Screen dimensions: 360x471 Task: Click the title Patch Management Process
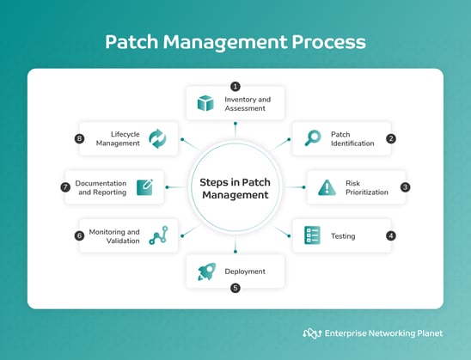(x=235, y=41)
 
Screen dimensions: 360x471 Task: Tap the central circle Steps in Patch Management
(x=235, y=188)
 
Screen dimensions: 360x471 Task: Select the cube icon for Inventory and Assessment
(x=205, y=104)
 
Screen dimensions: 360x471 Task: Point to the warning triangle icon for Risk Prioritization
(x=327, y=187)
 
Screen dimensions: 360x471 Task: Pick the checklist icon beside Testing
(x=313, y=235)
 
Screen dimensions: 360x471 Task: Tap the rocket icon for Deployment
(x=205, y=272)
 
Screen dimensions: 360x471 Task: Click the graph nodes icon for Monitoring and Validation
(x=158, y=235)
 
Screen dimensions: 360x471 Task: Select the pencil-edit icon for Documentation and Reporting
(x=144, y=187)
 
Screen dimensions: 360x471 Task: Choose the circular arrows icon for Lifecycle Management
(x=158, y=138)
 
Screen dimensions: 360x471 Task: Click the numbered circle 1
(x=235, y=85)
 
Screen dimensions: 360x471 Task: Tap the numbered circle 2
(x=391, y=137)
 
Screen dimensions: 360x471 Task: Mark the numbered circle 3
(x=406, y=186)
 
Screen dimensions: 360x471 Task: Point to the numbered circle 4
(x=391, y=235)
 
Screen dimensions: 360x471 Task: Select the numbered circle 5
(x=235, y=289)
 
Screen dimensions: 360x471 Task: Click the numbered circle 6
(x=79, y=235)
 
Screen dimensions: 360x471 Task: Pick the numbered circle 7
(x=64, y=186)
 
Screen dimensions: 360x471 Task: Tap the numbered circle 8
(x=79, y=137)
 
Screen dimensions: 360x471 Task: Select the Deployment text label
(x=245, y=272)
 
